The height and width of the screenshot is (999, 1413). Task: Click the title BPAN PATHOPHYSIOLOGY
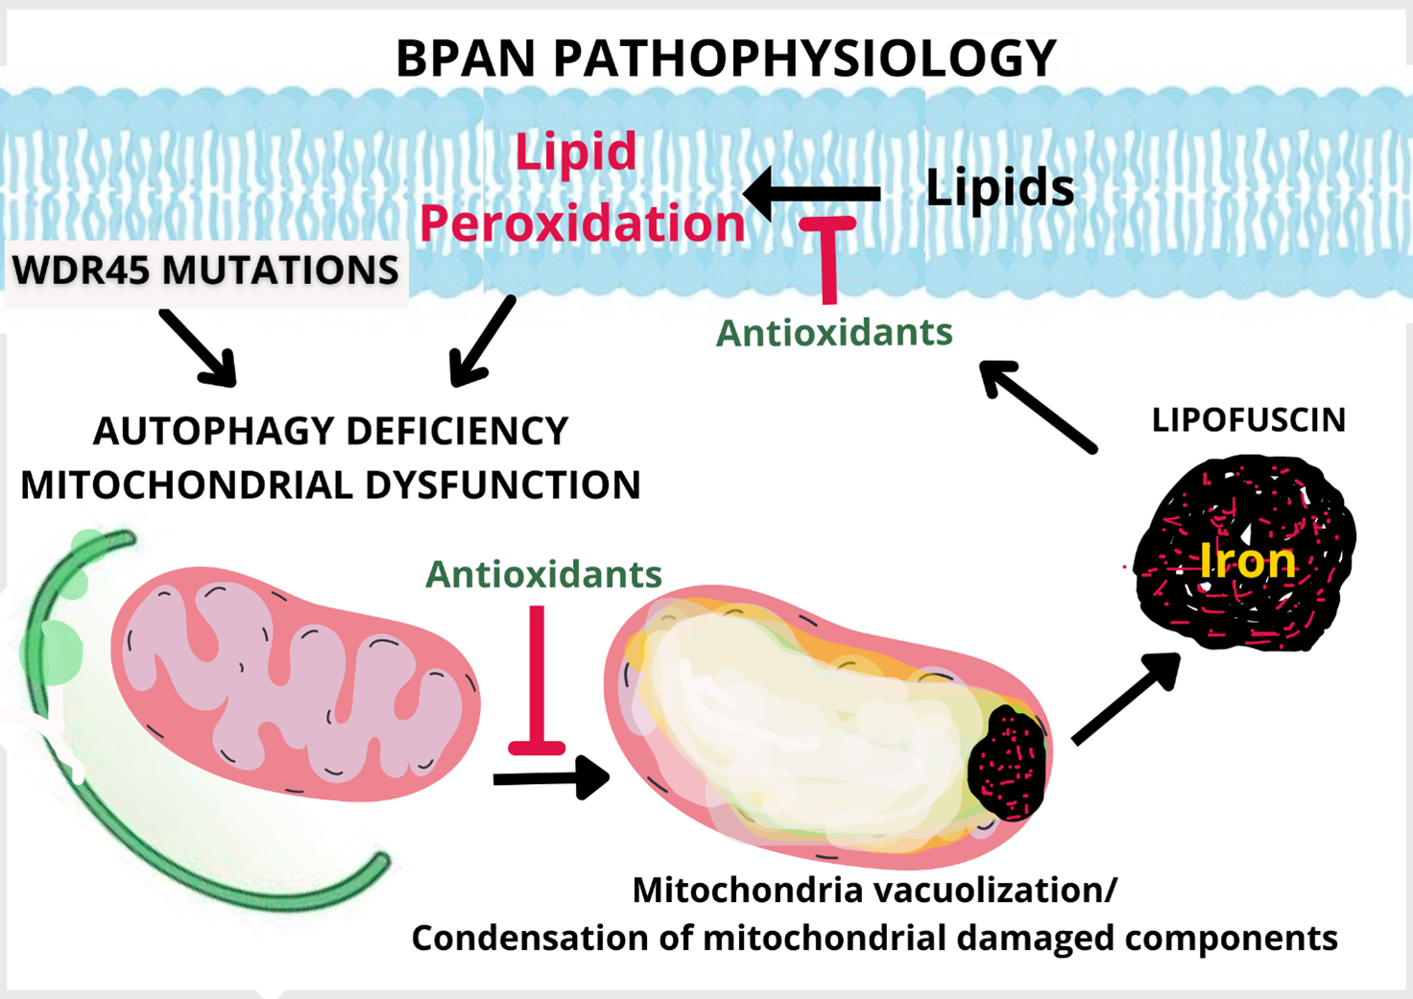click(726, 58)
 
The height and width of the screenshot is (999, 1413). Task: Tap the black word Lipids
click(999, 187)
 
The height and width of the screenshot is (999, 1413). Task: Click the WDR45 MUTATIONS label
click(205, 271)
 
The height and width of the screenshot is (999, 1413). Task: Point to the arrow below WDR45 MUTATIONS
click(199, 347)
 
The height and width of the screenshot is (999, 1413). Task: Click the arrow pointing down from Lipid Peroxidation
click(483, 342)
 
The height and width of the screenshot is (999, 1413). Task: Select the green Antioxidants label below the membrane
click(834, 333)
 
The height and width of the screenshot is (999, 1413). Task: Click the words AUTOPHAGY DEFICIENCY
click(331, 432)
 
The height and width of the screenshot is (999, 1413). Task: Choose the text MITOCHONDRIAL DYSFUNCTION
click(331, 486)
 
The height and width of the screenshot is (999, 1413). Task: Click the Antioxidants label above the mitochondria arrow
click(543, 574)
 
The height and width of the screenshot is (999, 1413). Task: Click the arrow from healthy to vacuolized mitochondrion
click(551, 777)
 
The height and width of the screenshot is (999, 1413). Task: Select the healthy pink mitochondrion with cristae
click(295, 681)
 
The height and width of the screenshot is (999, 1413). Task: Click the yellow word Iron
click(1248, 560)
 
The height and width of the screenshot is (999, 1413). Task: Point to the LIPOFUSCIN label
click(1248, 420)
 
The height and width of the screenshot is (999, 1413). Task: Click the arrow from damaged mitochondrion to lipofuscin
click(1126, 697)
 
